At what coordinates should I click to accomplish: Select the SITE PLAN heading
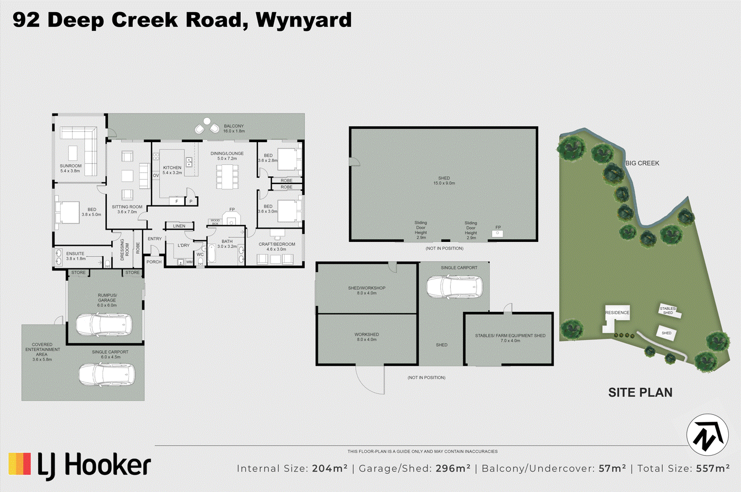640,393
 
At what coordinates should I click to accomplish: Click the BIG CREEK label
642,163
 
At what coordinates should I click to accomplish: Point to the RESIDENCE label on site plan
617,312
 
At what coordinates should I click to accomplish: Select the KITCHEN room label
172,167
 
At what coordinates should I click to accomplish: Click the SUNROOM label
71,166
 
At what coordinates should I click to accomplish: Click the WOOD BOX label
215,221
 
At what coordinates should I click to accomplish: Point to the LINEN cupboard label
179,226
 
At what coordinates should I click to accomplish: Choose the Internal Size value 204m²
329,469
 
